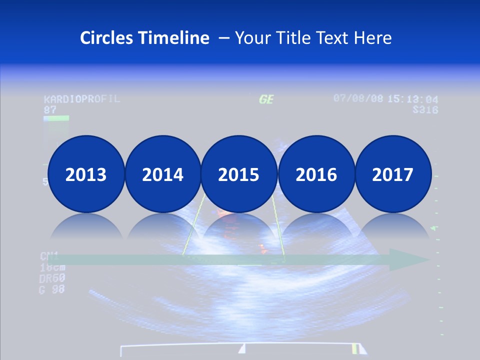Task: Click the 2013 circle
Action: (x=86, y=174)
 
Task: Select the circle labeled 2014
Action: (x=163, y=174)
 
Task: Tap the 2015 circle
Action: (x=239, y=174)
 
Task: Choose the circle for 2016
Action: (x=316, y=174)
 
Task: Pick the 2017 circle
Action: (x=393, y=174)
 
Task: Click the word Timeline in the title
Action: (x=174, y=38)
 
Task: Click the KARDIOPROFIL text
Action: (x=81, y=98)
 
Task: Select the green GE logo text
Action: (x=266, y=99)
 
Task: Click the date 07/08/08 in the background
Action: (x=358, y=98)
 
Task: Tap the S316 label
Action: (x=425, y=109)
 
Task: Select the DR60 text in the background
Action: (x=51, y=278)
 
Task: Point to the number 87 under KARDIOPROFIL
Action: (x=50, y=109)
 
